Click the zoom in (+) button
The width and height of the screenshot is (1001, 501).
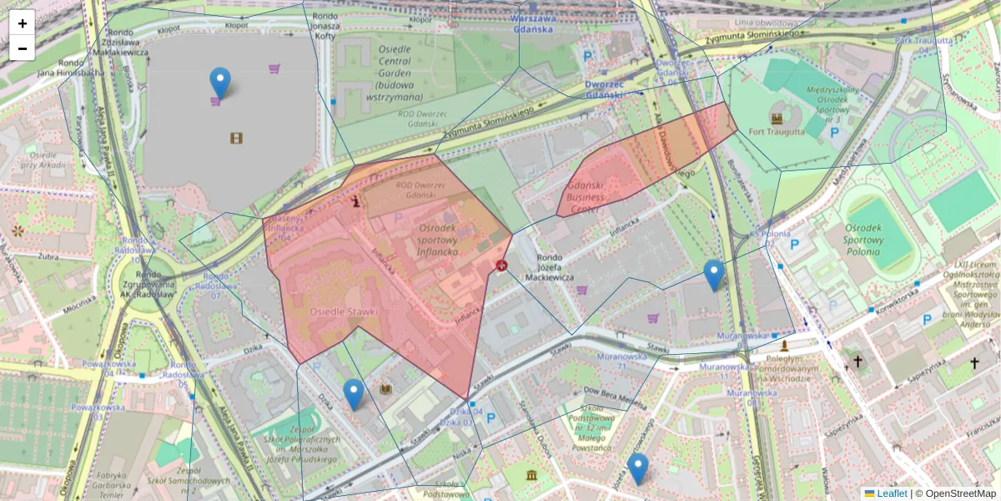(23, 23)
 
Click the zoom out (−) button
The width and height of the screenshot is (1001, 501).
(23, 48)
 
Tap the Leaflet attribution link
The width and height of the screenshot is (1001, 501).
(892, 493)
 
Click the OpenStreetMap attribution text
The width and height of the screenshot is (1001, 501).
(960, 493)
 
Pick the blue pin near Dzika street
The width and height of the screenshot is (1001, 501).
(354, 394)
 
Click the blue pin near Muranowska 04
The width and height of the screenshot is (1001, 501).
(713, 275)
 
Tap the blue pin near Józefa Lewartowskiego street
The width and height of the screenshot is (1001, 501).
(638, 468)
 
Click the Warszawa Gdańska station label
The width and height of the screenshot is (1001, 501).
(534, 23)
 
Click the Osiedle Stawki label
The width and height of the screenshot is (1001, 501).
(344, 311)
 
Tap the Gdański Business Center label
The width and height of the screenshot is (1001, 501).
(594, 196)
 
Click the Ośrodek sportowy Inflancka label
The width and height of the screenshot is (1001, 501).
(438, 239)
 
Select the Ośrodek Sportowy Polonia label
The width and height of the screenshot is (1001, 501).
(873, 240)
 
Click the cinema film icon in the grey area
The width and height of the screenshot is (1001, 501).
(237, 138)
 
